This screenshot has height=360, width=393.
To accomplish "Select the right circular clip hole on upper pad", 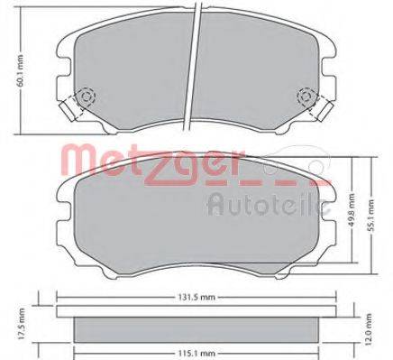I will click(306, 97).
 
